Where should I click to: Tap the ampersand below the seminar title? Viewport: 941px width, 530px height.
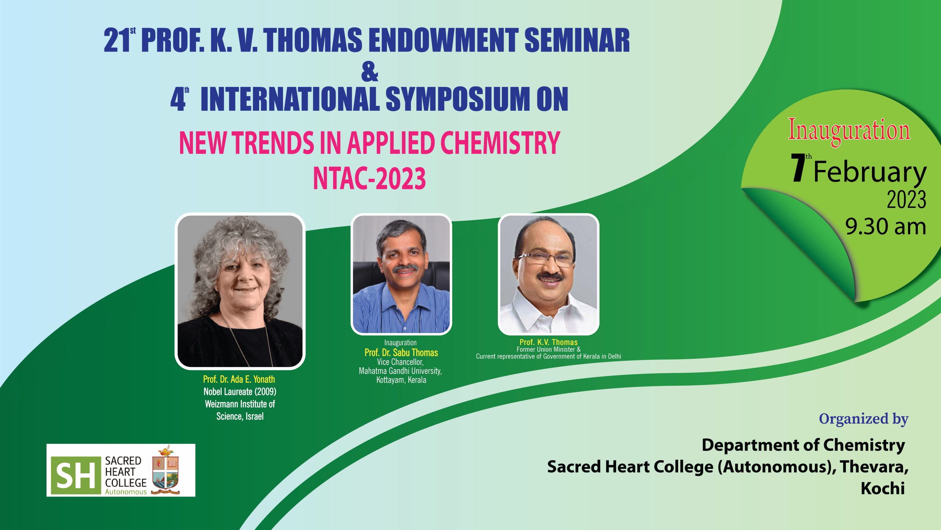[x=369, y=72]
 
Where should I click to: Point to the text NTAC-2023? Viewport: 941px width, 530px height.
[x=369, y=178]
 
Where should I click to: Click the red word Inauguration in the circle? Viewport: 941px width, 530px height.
[x=849, y=131]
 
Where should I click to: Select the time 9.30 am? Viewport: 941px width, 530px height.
[x=885, y=226]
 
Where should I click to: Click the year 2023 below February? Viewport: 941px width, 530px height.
[x=906, y=200]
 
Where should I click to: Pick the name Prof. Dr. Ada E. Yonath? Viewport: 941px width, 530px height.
[x=239, y=379]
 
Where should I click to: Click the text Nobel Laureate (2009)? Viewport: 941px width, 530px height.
[x=240, y=392]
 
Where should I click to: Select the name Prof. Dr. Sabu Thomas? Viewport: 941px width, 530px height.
[x=401, y=353]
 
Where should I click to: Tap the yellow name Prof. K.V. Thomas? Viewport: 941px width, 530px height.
[x=548, y=342]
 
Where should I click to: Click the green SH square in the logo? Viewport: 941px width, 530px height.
[x=76, y=476]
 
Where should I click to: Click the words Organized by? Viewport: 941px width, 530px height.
[x=863, y=419]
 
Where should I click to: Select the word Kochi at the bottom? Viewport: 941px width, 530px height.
[x=883, y=488]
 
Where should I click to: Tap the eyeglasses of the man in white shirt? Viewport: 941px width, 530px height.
[x=546, y=259]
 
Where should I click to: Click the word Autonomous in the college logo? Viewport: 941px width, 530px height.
[x=126, y=492]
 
